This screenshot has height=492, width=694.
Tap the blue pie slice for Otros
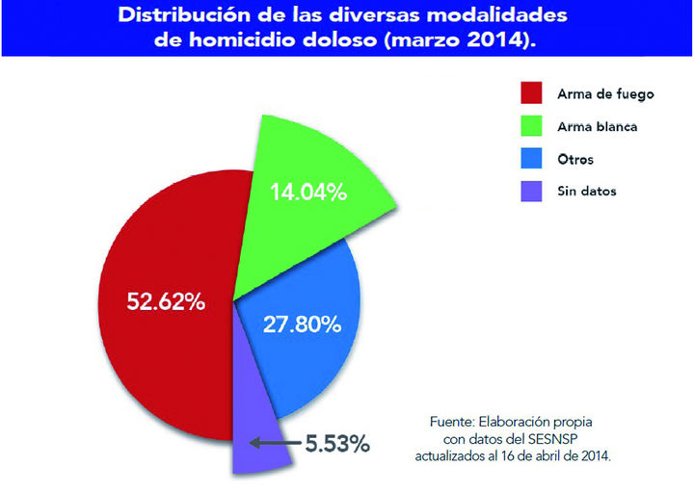point(308,356)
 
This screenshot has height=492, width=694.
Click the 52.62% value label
point(166,301)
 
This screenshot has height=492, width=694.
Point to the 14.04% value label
point(307,193)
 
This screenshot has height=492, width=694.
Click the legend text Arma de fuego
point(605,93)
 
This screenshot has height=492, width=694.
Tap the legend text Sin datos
point(586,192)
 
